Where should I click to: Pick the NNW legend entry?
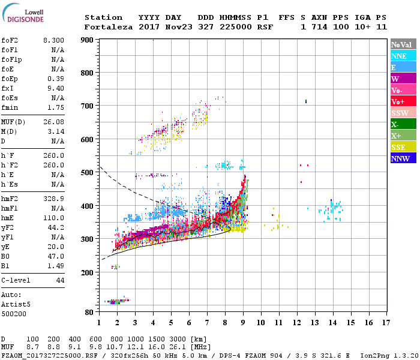click(400, 159)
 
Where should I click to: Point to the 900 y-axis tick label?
click(87, 40)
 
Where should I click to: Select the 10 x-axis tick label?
click(261, 322)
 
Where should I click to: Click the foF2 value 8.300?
click(53, 40)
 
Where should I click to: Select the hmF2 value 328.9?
click(55, 198)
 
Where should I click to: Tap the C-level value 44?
click(60, 280)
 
